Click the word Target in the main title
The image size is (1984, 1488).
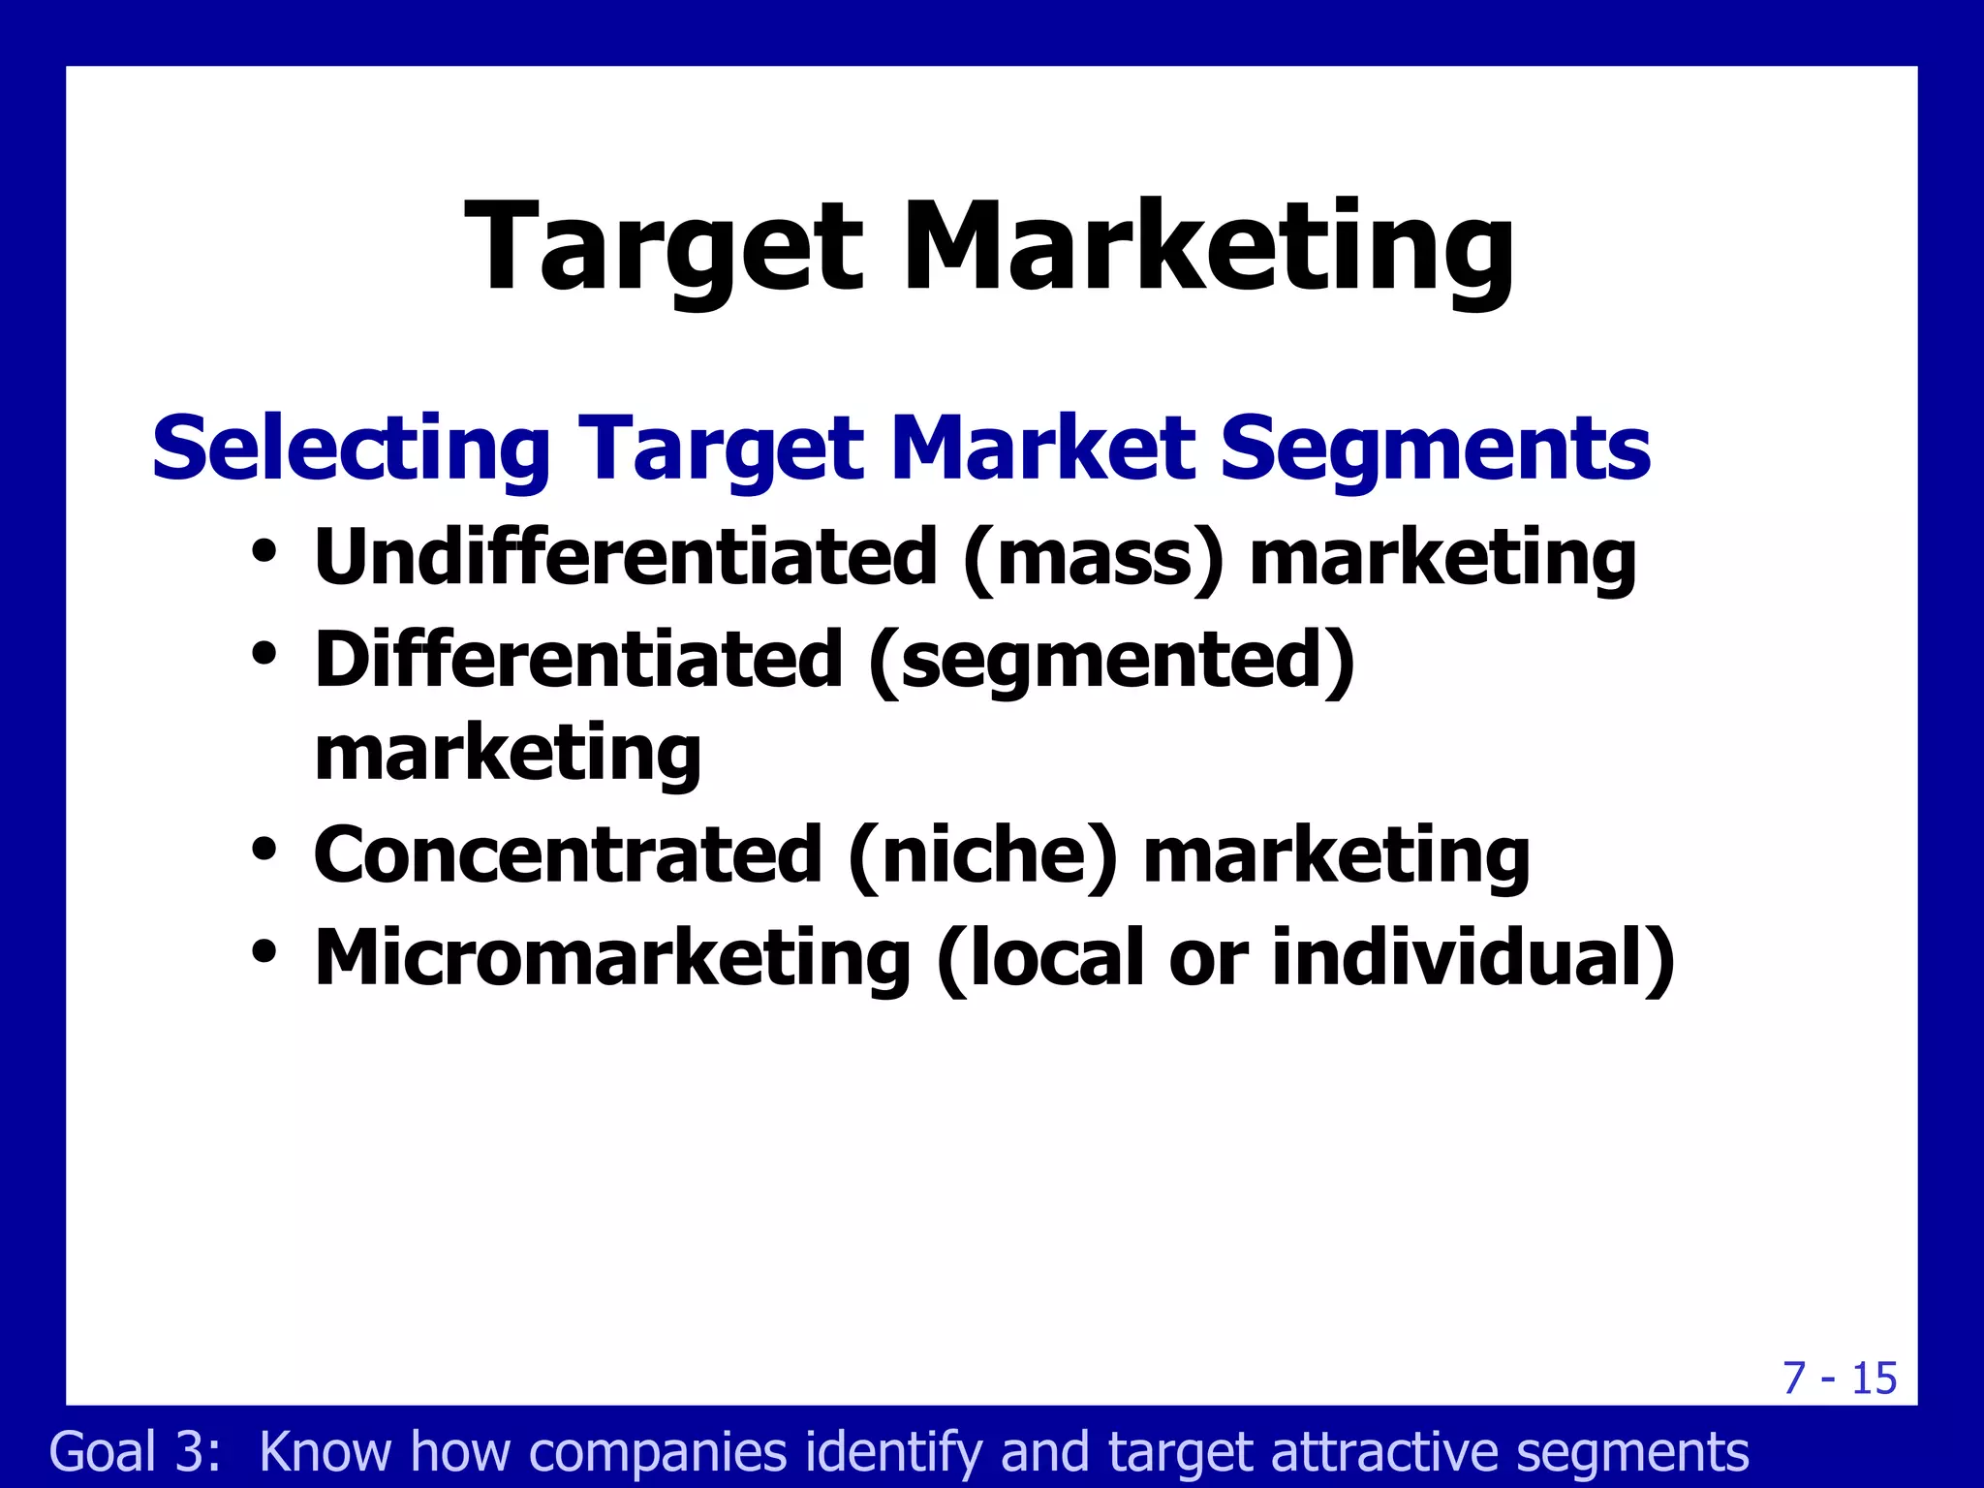click(664, 247)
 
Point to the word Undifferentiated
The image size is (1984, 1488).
click(626, 557)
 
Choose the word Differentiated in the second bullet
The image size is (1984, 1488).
click(578, 660)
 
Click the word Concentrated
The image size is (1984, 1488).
click(568, 854)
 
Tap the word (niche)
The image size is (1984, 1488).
click(982, 856)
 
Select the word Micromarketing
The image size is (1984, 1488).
click(612, 958)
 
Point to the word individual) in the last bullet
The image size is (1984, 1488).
click(1473, 958)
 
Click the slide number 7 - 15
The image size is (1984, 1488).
click(1840, 1378)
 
